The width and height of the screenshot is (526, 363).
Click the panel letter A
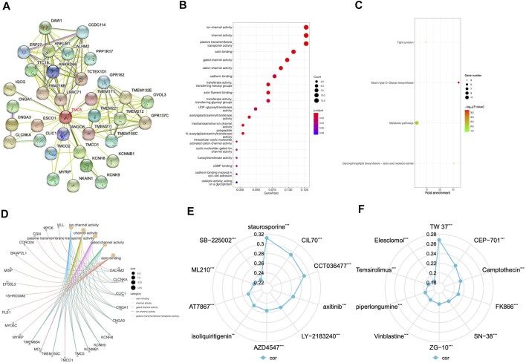6,6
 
